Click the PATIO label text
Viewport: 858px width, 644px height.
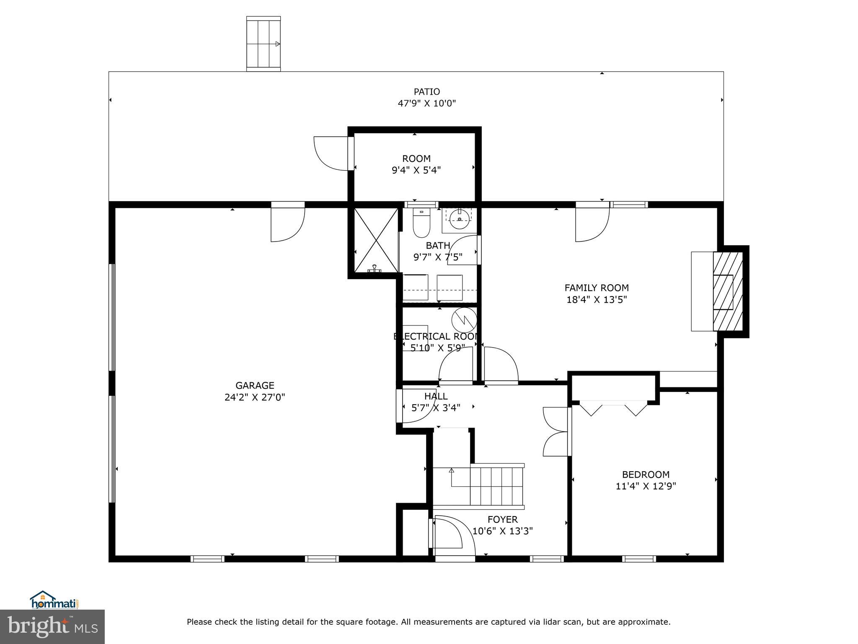426,92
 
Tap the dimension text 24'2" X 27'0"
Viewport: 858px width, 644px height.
255,397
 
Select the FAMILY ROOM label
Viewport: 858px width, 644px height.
596,288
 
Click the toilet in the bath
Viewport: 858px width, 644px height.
421,222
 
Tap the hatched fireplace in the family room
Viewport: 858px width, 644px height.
728,291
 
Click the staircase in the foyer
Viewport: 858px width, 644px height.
496,486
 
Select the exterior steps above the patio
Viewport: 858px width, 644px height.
263,44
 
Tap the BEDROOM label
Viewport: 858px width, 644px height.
646,475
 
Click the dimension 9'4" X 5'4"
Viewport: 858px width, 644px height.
416,170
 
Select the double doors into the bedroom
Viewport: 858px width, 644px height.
555,431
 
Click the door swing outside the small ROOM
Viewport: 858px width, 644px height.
331,153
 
